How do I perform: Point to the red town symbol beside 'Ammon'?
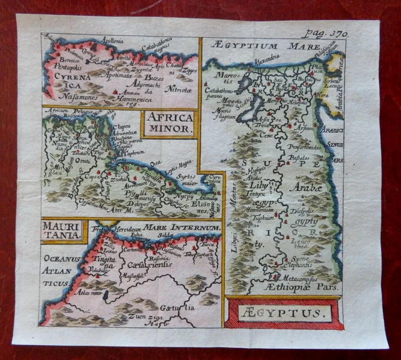tap(117, 92)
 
